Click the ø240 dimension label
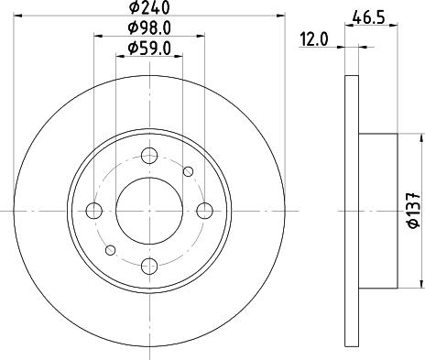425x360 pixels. [x=149, y=8]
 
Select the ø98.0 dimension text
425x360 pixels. [x=149, y=28]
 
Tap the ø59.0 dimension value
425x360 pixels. [x=149, y=49]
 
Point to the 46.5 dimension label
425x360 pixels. [x=368, y=17]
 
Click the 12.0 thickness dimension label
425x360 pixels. [x=314, y=39]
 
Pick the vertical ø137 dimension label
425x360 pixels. [x=414, y=211]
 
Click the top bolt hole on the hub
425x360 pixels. [x=149, y=156]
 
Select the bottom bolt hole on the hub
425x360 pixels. [x=149, y=266]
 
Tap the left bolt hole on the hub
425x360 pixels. [x=94, y=211]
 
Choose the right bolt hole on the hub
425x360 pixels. [x=204, y=211]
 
